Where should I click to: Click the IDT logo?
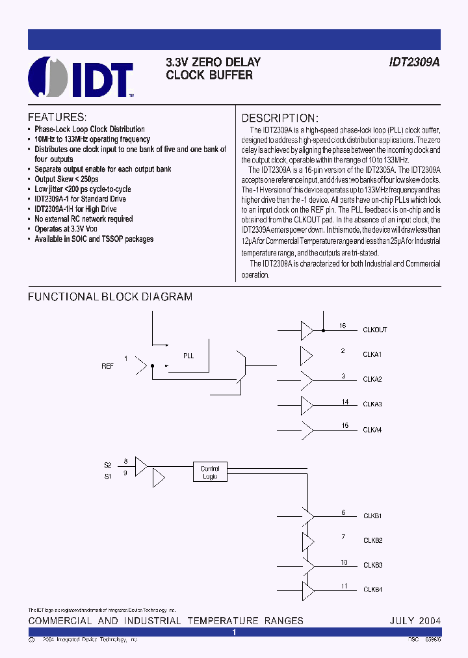click(81, 77)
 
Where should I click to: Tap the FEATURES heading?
click(57, 118)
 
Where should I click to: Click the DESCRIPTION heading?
click(280, 118)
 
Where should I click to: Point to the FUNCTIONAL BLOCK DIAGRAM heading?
click(110, 297)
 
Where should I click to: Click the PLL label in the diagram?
click(188, 356)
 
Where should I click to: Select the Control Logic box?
click(210, 472)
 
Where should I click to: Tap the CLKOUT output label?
click(374, 330)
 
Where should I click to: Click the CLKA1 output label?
click(372, 354)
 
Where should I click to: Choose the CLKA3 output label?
click(372, 404)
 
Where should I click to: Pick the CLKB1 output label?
click(372, 516)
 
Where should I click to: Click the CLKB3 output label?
click(372, 565)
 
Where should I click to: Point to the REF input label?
click(107, 366)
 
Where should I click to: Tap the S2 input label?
click(108, 465)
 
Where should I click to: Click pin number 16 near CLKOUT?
click(343, 326)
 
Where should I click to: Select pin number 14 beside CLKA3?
click(345, 402)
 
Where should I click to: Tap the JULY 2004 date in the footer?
click(415, 620)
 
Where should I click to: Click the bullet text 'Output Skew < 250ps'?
click(66, 179)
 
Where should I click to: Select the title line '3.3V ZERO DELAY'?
click(213, 62)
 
